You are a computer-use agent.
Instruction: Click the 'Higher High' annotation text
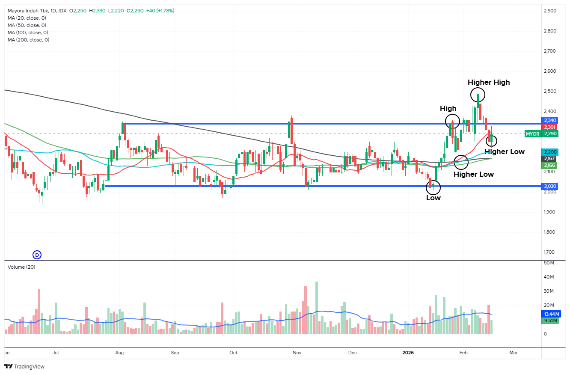pos(488,82)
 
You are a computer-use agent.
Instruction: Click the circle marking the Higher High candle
pos(478,95)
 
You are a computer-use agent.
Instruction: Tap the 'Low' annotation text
pos(433,198)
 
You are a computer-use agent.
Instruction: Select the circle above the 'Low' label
pos(433,187)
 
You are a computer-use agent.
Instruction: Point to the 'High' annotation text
pos(448,109)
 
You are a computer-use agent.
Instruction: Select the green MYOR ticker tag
pos(533,134)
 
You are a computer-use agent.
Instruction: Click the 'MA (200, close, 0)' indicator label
pos(28,40)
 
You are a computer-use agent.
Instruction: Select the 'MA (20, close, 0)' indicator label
pos(27,18)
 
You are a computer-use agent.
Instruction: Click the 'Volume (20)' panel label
pos(21,267)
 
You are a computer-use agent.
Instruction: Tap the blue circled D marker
pos(37,255)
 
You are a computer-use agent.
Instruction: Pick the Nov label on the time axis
pos(297,353)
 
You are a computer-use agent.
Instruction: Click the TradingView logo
pos(24,366)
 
